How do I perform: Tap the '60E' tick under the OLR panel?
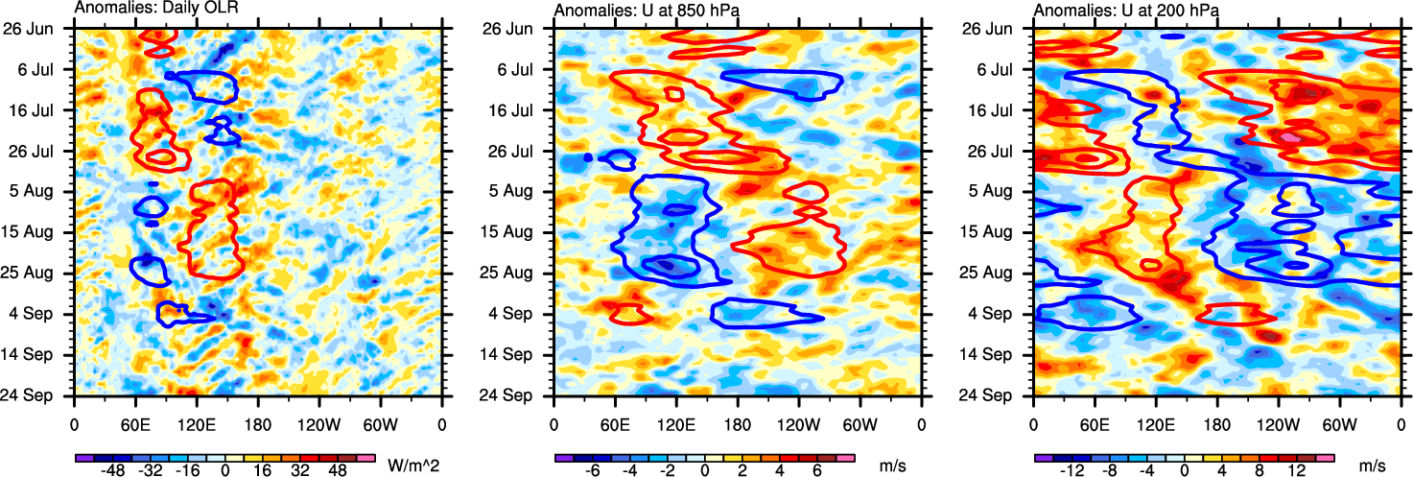click(x=135, y=423)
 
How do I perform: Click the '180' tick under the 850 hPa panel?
click(x=738, y=423)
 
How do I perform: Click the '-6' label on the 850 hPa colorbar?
click(x=592, y=472)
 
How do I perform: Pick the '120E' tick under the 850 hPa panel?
click(x=676, y=423)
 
